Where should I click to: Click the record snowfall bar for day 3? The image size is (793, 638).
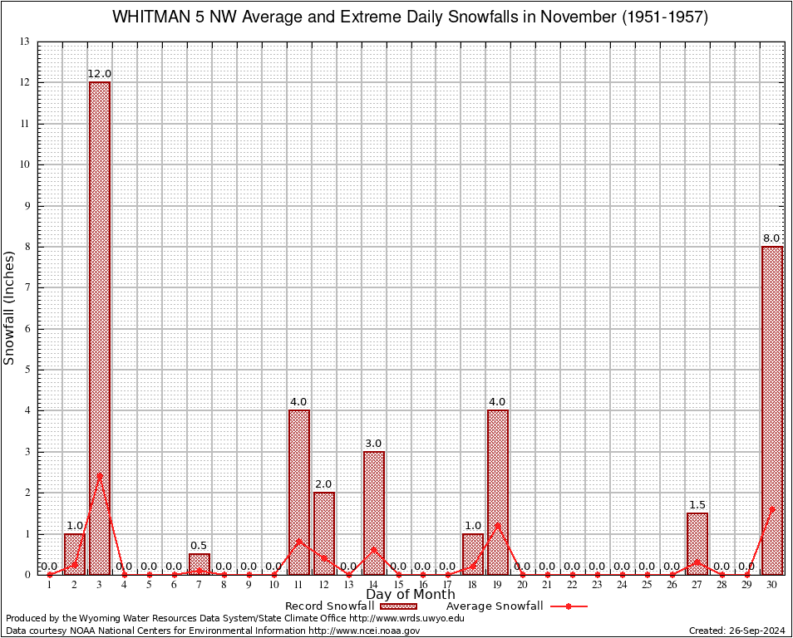coord(100,328)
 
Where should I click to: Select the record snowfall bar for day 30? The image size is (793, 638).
coord(772,410)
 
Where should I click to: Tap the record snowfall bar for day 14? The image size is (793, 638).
coord(373,513)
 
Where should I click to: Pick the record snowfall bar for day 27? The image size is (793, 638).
coord(697,543)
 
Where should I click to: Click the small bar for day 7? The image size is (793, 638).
coord(199,564)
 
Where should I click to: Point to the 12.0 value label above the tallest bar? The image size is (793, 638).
coord(100,74)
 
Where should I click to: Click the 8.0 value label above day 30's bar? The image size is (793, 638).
coord(772,238)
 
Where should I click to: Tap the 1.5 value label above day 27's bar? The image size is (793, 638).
coord(697,505)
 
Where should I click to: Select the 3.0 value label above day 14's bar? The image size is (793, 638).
coord(373,444)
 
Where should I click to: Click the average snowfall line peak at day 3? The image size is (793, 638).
coord(100,475)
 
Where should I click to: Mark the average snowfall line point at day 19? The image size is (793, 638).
coord(498,524)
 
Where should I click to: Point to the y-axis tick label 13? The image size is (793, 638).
coord(25,42)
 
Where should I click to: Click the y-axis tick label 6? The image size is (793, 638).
coord(27,329)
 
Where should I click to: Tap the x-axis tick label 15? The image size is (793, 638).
coord(398,586)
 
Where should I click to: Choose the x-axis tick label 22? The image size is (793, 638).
coord(573,586)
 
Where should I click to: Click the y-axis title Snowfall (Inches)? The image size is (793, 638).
coord(10,307)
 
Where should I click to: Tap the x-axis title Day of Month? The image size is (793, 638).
coord(411,595)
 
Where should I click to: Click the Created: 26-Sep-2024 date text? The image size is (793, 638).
coord(737,631)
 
